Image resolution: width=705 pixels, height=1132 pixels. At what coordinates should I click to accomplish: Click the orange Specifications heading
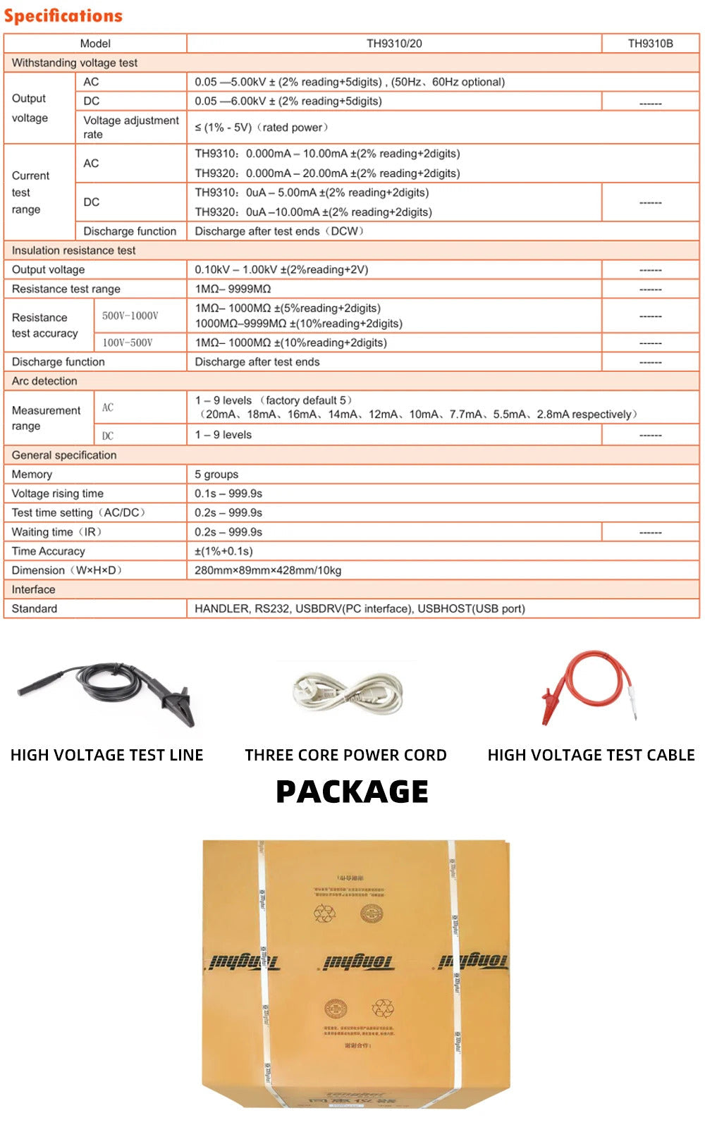coord(63,16)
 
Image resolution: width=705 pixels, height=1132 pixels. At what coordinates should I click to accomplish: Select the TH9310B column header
coord(650,44)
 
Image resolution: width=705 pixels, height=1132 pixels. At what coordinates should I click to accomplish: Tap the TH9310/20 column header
coord(394,44)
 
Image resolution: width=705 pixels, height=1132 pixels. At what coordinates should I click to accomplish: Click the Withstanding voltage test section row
coord(75,63)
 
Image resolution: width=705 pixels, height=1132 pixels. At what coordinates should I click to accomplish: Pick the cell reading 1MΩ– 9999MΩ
coord(233,289)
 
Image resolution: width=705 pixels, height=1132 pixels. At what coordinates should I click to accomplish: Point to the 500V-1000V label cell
coord(130,316)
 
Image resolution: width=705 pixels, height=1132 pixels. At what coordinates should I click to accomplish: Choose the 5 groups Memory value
coord(216,474)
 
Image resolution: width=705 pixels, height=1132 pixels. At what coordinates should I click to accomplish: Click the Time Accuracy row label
coord(49,551)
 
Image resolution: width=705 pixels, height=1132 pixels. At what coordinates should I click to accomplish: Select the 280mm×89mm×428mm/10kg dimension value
coord(268,570)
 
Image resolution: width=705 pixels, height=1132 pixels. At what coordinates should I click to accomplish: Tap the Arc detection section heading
coord(44,381)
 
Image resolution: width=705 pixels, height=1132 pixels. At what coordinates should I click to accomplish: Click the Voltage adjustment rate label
coord(131,127)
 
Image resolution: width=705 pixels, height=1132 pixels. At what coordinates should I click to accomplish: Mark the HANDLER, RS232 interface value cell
coord(360,609)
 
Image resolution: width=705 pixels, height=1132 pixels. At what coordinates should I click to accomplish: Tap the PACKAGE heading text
coord(352,792)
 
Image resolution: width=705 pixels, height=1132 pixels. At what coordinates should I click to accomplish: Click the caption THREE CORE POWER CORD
coord(345,755)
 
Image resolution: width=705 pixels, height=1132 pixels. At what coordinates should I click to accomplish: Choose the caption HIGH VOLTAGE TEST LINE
coord(106,755)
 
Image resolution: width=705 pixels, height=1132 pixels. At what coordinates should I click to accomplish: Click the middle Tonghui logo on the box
coord(357,962)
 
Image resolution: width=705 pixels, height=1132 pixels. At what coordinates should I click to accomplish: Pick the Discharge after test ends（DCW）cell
coord(279,231)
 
